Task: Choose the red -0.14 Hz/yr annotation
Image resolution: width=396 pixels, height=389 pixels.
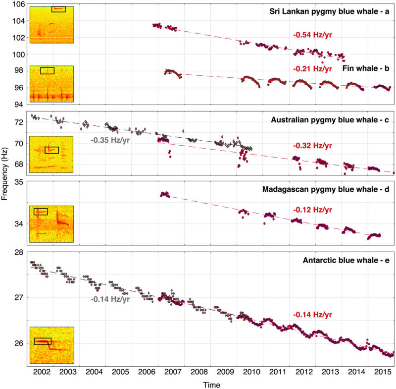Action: tap(312, 315)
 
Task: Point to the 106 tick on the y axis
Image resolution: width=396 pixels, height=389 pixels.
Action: tap(19, 4)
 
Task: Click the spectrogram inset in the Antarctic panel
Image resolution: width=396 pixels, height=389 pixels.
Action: tap(51, 345)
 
